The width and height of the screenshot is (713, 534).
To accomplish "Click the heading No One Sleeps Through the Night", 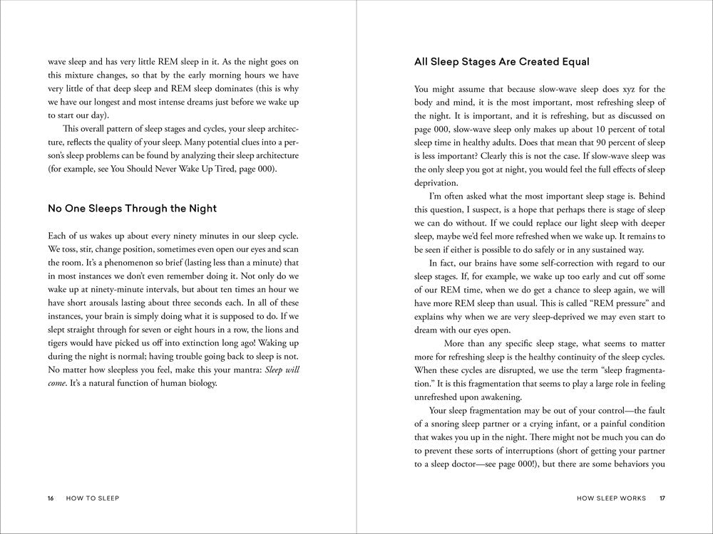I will point(132,209).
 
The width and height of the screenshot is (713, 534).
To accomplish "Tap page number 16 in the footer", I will point(51,499).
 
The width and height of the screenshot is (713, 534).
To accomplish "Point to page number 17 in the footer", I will point(662,499).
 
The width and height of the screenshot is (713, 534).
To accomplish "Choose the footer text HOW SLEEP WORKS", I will point(611,499).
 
